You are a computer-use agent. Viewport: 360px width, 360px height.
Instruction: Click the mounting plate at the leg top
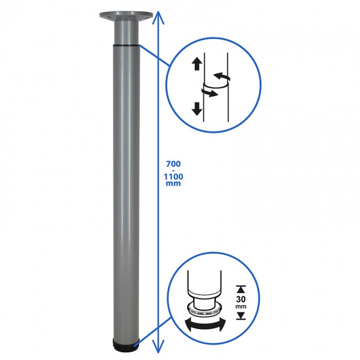coord(126,16)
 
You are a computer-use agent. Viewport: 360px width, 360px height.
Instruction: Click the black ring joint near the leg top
coord(126,45)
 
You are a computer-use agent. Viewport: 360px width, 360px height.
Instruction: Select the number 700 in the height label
coord(173,164)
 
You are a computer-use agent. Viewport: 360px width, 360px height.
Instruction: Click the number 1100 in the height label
coord(173,177)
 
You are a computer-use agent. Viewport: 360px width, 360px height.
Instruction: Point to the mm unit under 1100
coord(173,183)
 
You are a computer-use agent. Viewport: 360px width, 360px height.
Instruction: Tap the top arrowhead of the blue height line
coord(158,18)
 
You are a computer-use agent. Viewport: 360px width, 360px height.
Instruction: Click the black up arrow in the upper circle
coord(197,64)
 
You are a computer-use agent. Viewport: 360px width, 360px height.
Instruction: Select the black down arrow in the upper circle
coord(197,109)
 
